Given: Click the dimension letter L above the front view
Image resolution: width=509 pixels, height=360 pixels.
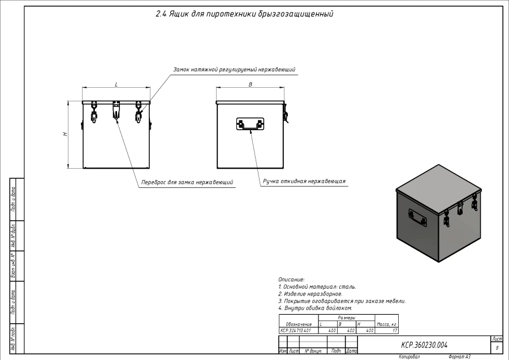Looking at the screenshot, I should [x=117, y=84].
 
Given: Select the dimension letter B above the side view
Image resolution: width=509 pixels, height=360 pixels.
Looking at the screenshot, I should [x=251, y=84].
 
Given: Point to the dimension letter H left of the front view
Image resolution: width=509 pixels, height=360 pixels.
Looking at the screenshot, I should [x=65, y=134].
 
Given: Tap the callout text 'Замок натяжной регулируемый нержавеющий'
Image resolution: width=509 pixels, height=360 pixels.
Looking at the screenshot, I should [x=234, y=70].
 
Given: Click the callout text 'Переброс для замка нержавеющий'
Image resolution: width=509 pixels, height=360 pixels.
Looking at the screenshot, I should [x=187, y=182].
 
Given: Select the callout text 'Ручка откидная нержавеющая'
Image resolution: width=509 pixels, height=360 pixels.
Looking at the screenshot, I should [x=304, y=182].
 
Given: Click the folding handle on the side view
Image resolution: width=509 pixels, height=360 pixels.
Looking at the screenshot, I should [x=251, y=124].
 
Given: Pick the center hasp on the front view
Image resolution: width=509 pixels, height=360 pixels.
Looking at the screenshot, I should [x=117, y=111].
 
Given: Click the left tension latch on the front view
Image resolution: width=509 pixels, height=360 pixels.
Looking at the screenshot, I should [x=94, y=112].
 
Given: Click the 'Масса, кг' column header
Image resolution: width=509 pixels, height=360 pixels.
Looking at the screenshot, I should [x=386, y=324].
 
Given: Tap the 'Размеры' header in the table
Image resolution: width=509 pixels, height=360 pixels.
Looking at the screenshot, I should [x=346, y=318].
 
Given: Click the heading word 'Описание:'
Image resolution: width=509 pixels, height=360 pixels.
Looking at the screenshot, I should [x=291, y=280].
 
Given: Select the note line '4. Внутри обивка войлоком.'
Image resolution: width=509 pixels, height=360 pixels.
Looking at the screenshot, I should [x=315, y=308].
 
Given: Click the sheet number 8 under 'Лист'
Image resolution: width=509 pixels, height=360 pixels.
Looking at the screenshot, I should [x=497, y=348].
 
